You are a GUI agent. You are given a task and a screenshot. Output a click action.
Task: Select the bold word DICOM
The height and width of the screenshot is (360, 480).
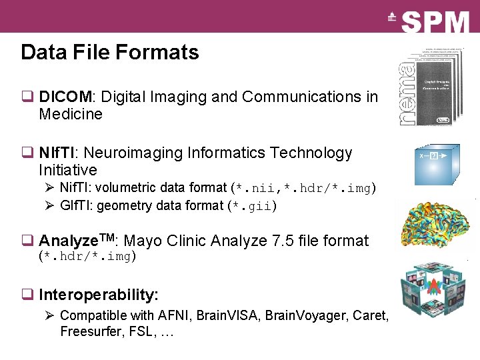click(x=65, y=97)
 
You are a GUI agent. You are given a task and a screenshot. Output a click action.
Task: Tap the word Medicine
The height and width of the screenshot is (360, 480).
click(x=71, y=114)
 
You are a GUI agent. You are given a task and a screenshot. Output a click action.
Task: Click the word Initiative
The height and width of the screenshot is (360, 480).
click(x=68, y=170)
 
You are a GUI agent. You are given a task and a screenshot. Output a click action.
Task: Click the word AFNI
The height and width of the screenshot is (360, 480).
click(x=176, y=315)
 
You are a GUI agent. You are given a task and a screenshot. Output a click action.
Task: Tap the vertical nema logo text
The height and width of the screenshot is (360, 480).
click(x=406, y=94)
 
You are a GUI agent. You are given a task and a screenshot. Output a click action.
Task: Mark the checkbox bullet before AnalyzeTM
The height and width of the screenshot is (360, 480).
click(x=27, y=241)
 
